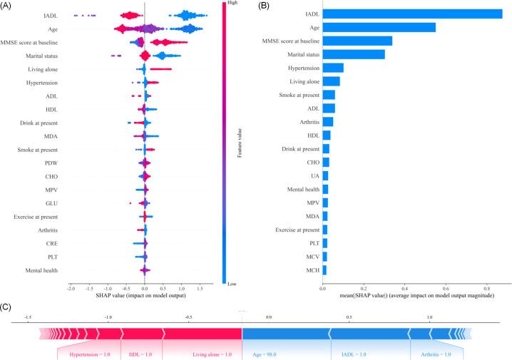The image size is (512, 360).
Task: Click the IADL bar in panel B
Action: click(x=402, y=14)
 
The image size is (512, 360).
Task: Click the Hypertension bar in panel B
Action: click(x=333, y=68)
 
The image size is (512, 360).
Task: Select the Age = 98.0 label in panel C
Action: click(x=265, y=354)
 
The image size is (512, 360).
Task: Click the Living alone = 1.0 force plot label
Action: click(x=213, y=354)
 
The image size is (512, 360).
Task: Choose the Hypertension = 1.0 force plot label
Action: click(x=91, y=354)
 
